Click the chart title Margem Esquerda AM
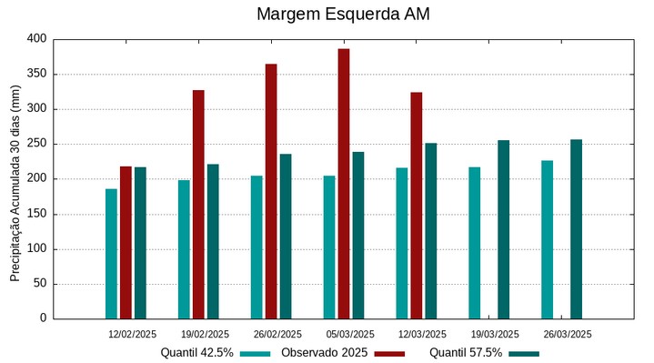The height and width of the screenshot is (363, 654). (343, 15)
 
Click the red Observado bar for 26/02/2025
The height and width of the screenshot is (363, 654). (271, 191)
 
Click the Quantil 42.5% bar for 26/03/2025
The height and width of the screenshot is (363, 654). (547, 239)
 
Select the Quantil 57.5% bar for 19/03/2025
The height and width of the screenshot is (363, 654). (503, 229)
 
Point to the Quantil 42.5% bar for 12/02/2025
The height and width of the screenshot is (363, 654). (111, 253)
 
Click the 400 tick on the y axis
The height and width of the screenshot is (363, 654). (36, 39)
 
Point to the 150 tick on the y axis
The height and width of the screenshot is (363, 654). (36, 214)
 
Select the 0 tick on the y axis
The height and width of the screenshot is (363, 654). (42, 318)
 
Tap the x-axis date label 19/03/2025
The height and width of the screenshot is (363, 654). (495, 334)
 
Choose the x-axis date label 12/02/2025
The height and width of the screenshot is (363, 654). (132, 334)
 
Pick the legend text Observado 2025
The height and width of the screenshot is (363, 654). (324, 353)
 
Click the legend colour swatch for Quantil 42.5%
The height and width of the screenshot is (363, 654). (256, 353)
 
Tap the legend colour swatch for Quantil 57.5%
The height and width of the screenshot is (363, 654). (524, 353)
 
